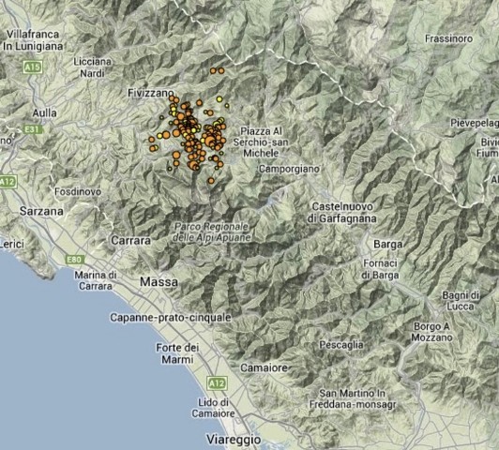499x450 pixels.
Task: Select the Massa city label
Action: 157,281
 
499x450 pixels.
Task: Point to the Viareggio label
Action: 231,437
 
